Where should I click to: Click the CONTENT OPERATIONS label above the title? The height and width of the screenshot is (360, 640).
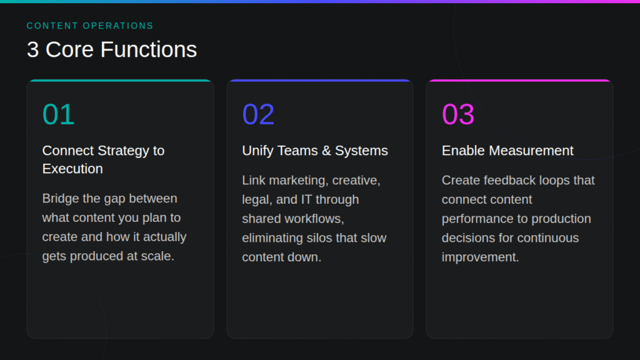click(90, 26)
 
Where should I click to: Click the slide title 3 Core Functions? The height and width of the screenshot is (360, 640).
click(112, 49)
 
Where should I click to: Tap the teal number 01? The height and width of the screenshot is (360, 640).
click(58, 114)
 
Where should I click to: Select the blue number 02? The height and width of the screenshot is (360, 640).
click(258, 114)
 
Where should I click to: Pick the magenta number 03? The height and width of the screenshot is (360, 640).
click(458, 114)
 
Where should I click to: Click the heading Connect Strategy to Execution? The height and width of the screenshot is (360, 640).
click(103, 159)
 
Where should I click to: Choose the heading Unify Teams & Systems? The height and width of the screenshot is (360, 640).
click(315, 151)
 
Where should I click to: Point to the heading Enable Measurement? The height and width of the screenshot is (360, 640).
click(507, 151)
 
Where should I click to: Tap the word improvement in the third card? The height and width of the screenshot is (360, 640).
click(480, 257)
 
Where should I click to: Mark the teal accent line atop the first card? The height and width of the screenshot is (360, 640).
click(120, 81)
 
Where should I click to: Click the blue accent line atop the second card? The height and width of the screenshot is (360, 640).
click(320, 81)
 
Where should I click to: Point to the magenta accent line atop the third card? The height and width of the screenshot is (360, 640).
click(519, 81)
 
